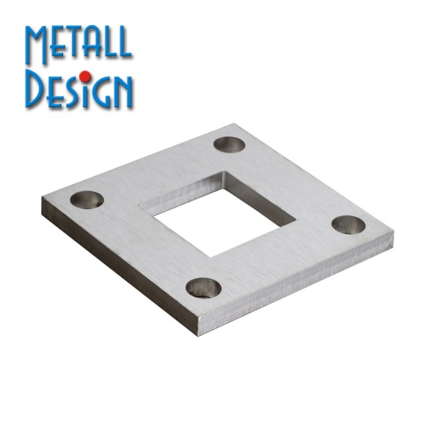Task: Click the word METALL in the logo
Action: coord(78,44)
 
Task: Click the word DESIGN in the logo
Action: coord(79,89)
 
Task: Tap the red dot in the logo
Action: coord(85,76)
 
